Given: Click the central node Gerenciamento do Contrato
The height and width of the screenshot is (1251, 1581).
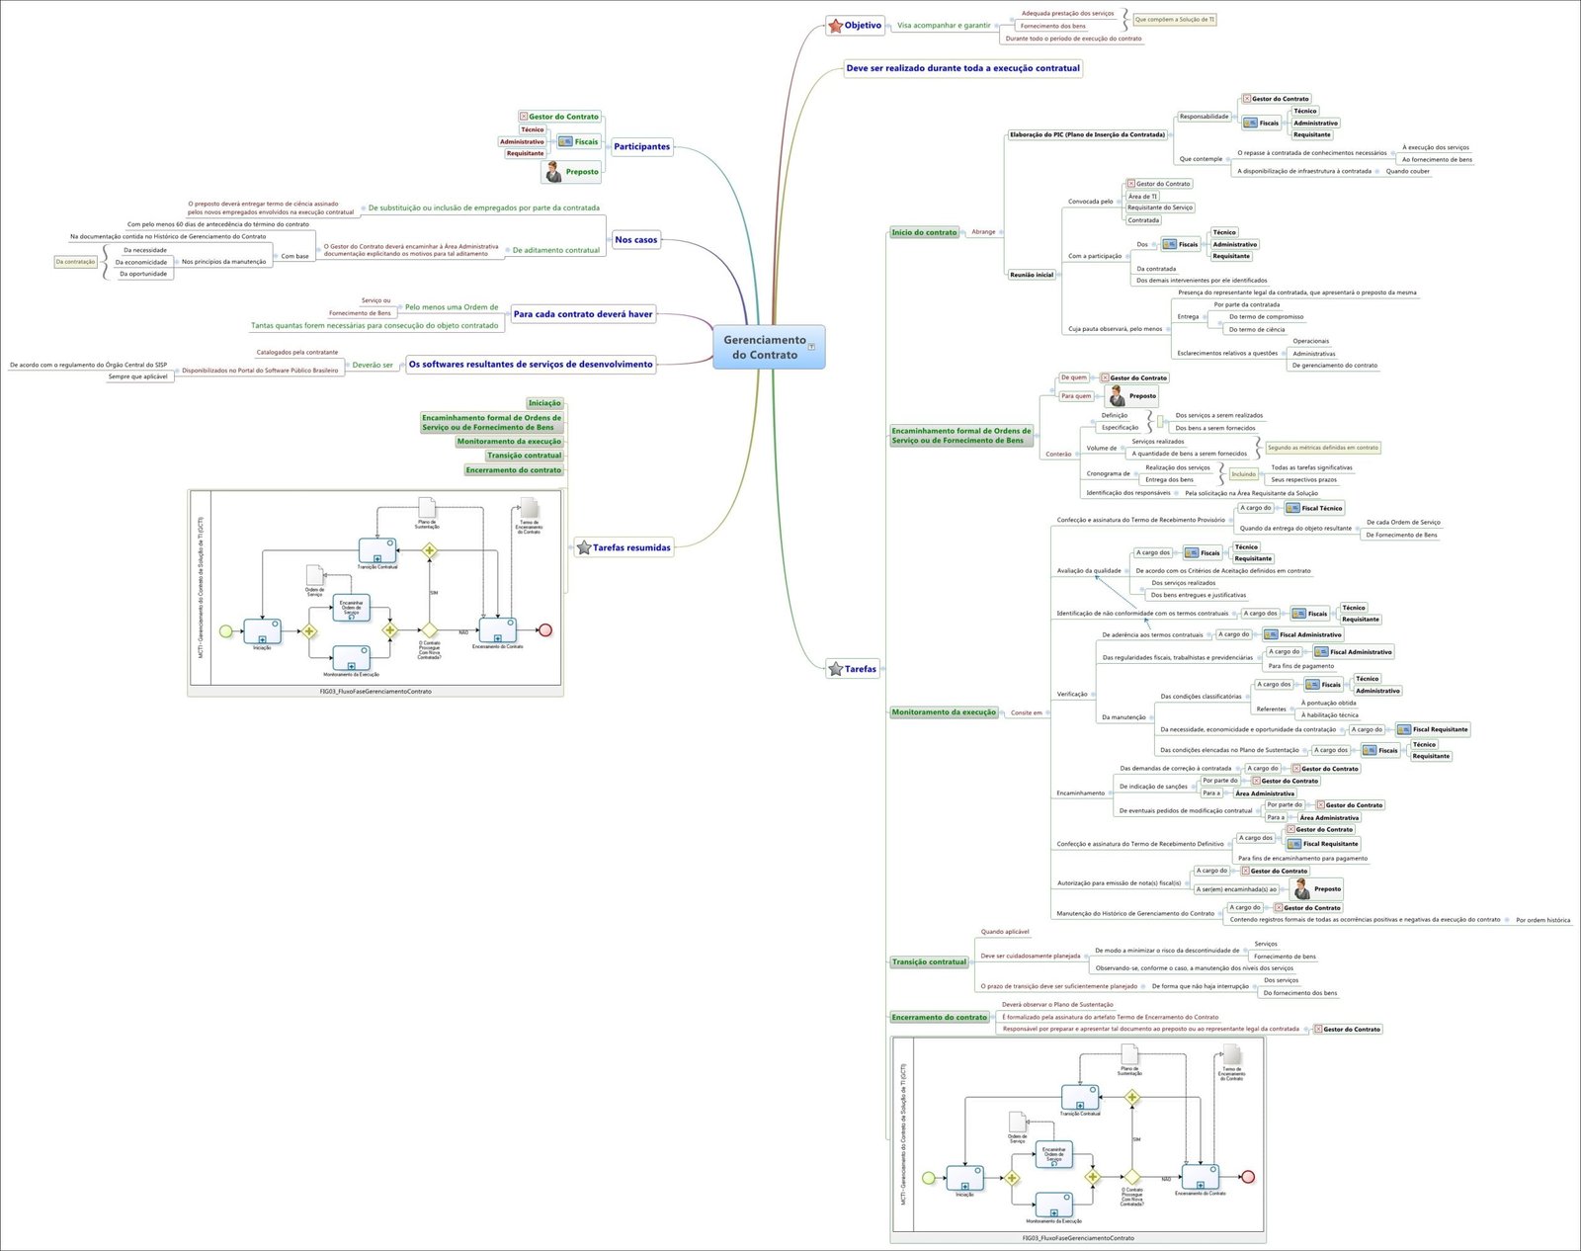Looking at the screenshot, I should click(765, 347).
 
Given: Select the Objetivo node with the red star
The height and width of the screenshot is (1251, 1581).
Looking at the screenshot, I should click(856, 26).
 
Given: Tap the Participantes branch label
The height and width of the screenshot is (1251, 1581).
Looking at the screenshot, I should click(641, 146).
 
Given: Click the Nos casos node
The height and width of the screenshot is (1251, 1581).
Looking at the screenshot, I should click(635, 239).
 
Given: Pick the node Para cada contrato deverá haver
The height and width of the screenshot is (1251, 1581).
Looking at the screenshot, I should click(583, 314).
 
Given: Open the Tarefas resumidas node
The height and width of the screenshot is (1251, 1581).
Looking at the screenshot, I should click(624, 547).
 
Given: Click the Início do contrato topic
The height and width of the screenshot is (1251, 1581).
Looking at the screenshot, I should click(924, 232).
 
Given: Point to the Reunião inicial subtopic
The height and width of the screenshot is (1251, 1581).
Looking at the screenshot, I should click(1031, 275).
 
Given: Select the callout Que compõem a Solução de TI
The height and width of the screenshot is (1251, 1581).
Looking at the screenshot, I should click(1174, 20).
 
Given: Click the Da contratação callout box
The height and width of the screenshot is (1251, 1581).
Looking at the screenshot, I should click(75, 262).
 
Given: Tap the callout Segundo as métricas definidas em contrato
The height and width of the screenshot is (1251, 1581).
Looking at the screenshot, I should click(1322, 448).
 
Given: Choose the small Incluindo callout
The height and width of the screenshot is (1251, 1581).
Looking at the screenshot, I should click(1243, 474).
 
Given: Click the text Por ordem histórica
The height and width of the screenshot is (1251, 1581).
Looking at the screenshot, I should click(1542, 920).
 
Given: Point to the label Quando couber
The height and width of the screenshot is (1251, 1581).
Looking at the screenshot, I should click(1407, 171).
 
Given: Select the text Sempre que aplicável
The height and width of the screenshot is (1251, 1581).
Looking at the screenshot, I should click(137, 376).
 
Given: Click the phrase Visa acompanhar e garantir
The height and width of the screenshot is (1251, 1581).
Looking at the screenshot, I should click(943, 26).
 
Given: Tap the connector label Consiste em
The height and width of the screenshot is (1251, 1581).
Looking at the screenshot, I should click(1026, 712).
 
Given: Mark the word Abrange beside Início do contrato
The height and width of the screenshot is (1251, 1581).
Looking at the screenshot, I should click(983, 232).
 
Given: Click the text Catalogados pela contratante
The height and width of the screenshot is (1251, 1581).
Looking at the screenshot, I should click(296, 352).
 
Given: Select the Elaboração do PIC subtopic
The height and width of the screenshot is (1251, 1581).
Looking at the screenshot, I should click(1087, 134).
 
